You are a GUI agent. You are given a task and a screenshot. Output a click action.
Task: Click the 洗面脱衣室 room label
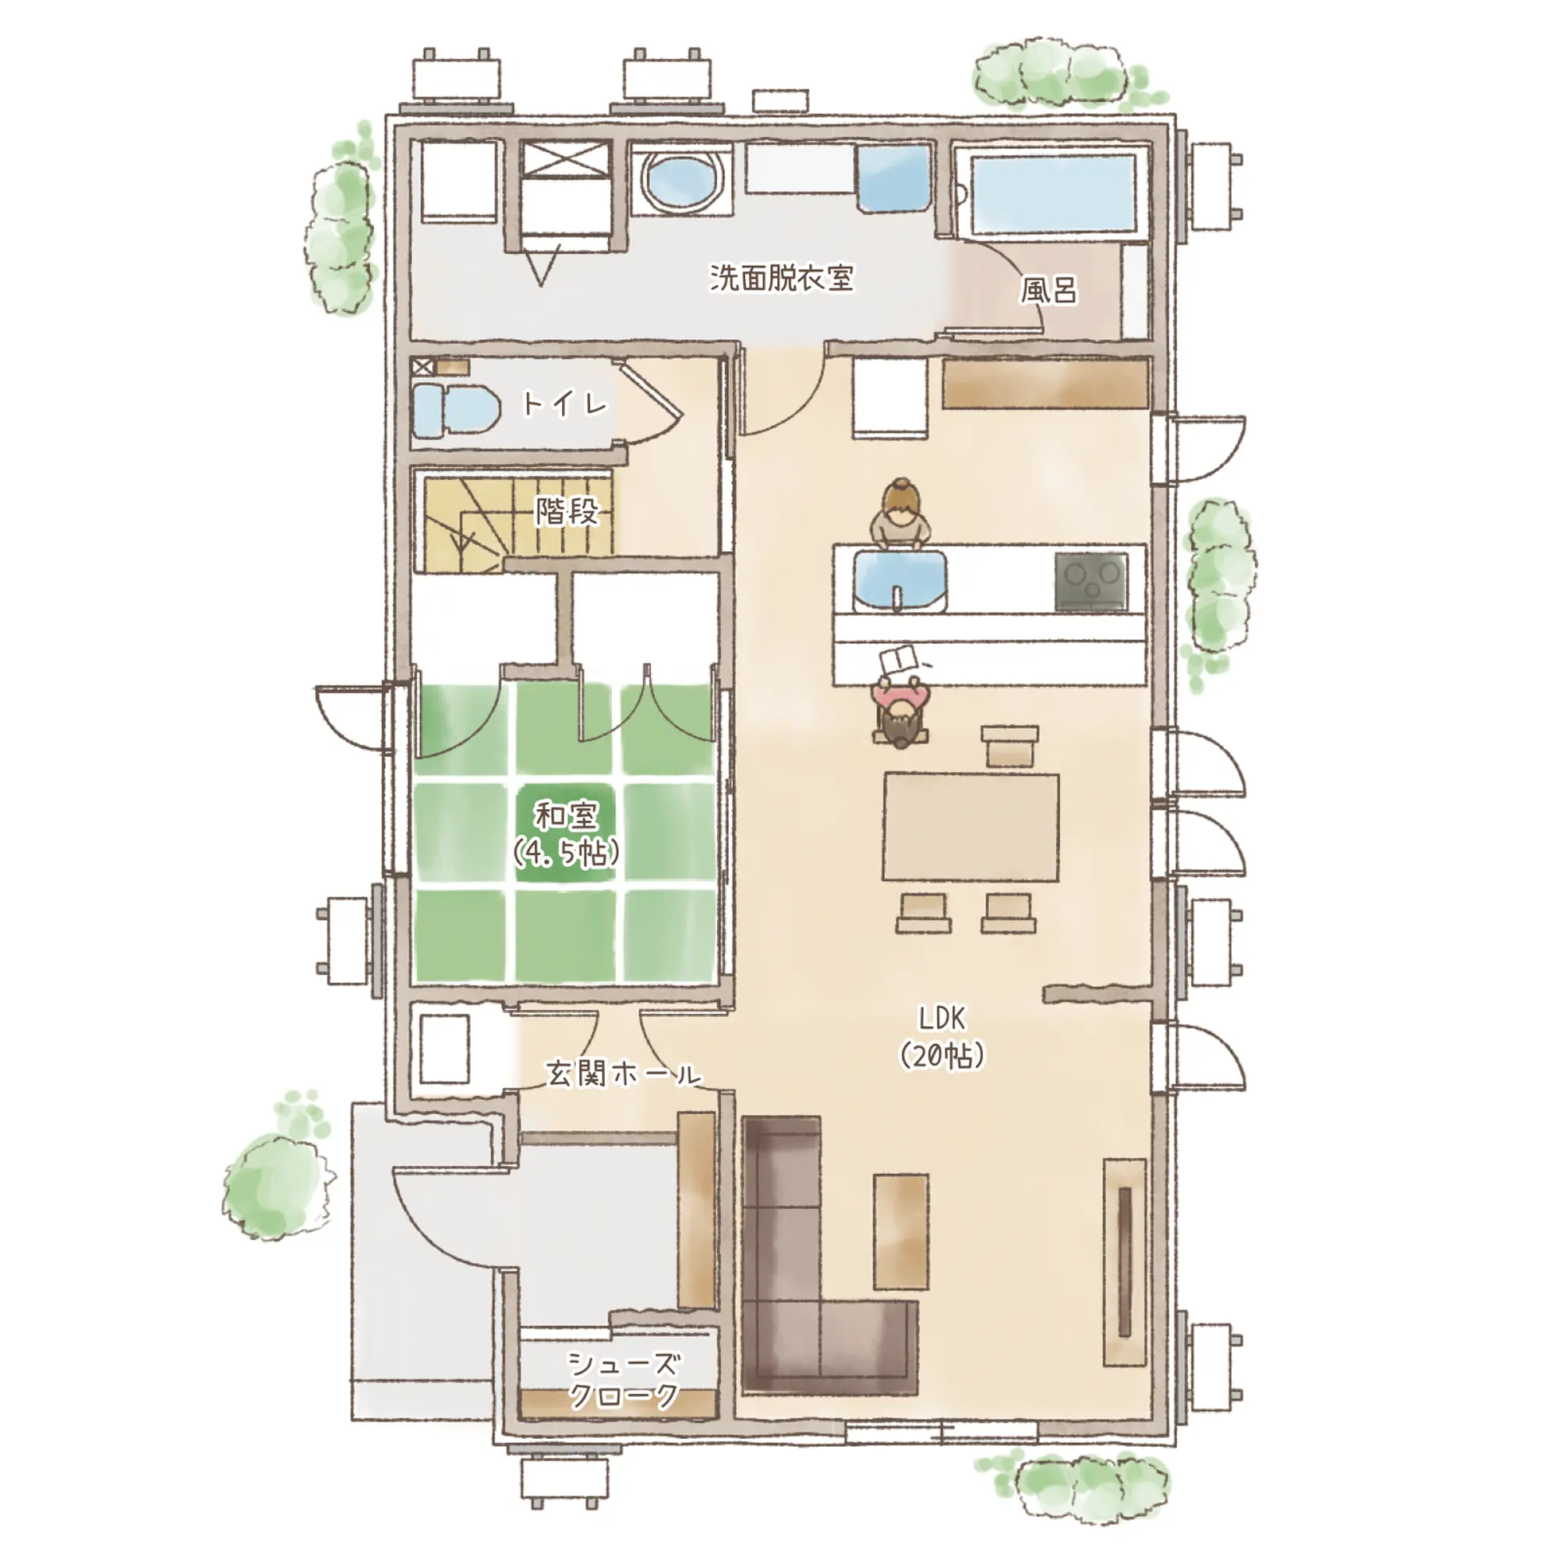tap(781, 278)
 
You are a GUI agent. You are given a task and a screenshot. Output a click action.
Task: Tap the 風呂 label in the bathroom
tap(1048, 290)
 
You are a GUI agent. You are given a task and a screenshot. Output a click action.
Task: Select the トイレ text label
tap(565, 404)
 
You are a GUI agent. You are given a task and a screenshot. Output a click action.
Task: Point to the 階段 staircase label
tap(567, 511)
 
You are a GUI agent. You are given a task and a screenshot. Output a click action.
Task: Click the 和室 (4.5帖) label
tap(566, 833)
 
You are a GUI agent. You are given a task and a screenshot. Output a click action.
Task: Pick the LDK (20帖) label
tap(942, 1037)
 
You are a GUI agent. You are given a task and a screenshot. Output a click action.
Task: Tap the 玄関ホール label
tap(623, 1074)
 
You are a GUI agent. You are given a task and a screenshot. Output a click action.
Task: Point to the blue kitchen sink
tap(900, 579)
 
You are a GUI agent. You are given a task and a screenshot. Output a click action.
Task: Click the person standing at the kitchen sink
tap(900, 514)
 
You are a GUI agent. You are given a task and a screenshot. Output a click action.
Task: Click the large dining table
tap(970, 827)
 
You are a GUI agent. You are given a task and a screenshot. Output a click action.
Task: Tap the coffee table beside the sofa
tap(900, 1232)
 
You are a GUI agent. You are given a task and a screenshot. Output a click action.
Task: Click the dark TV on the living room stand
tap(1125, 1262)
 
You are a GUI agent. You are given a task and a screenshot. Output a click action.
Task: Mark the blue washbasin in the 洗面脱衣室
tap(894, 179)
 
